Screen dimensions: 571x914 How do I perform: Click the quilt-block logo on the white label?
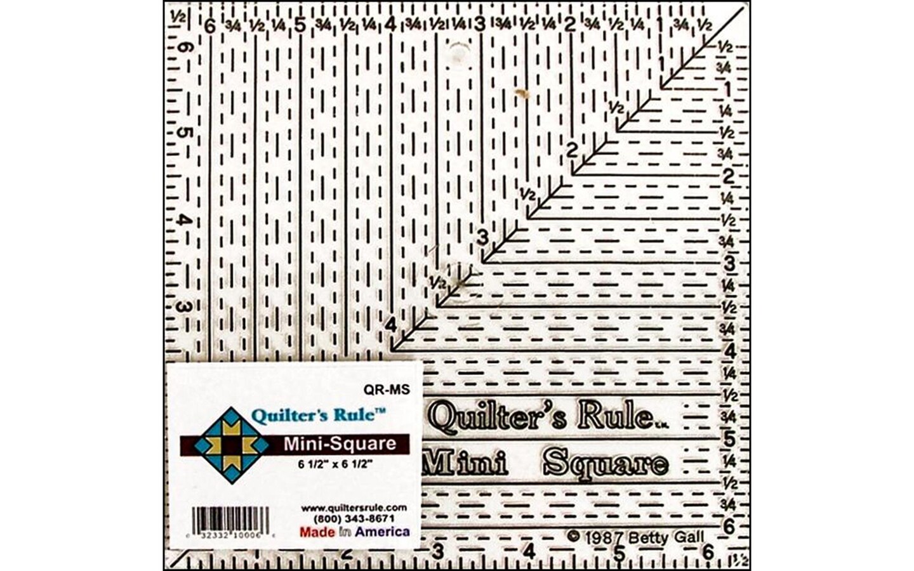pyautogui.click(x=231, y=445)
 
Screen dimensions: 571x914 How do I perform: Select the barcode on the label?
pyautogui.click(x=230, y=520)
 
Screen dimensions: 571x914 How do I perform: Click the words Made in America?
pyautogui.click(x=354, y=532)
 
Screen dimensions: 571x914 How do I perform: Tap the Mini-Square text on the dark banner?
pyautogui.click(x=340, y=443)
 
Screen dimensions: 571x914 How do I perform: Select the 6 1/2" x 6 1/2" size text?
pyautogui.click(x=334, y=463)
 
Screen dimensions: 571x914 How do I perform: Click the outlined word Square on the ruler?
pyautogui.click(x=606, y=463)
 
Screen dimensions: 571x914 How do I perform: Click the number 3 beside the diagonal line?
pyautogui.click(x=483, y=238)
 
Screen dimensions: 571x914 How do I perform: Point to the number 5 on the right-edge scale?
pyautogui.click(x=729, y=439)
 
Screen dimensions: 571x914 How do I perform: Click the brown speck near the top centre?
pyautogui.click(x=524, y=94)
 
